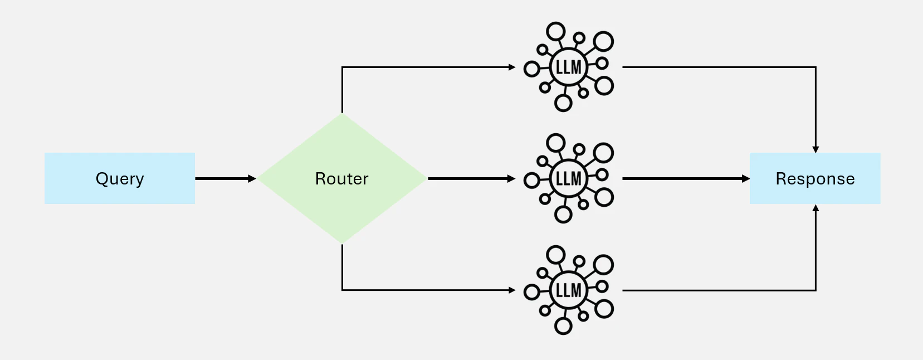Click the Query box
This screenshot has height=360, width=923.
pyautogui.click(x=120, y=178)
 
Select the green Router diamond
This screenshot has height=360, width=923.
pyautogui.click(x=342, y=178)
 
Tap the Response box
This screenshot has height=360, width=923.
pyautogui.click(x=815, y=178)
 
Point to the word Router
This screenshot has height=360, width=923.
pyautogui.click(x=342, y=178)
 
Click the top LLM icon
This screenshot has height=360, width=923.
pyautogui.click(x=569, y=67)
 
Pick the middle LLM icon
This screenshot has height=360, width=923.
pyautogui.click(x=569, y=178)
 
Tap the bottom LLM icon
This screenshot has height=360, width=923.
pyautogui.click(x=569, y=290)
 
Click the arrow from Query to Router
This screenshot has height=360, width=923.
pyautogui.click(x=226, y=178)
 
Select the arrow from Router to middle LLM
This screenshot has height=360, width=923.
pyautogui.click(x=471, y=178)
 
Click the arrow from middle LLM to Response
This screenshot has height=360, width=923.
pyautogui.click(x=686, y=178)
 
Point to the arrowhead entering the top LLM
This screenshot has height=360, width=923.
pyautogui.click(x=512, y=67)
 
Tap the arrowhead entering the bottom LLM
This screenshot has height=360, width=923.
pyautogui.click(x=512, y=290)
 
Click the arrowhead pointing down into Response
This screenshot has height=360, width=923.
pyautogui.click(x=815, y=150)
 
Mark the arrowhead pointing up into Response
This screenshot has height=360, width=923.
pyautogui.click(x=815, y=208)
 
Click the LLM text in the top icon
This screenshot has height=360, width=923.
pyautogui.click(x=569, y=67)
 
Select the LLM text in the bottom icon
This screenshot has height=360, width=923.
pyautogui.click(x=569, y=290)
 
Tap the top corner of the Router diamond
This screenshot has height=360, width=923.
pyautogui.click(x=342, y=114)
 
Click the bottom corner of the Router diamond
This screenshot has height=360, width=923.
pyautogui.click(x=342, y=243)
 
